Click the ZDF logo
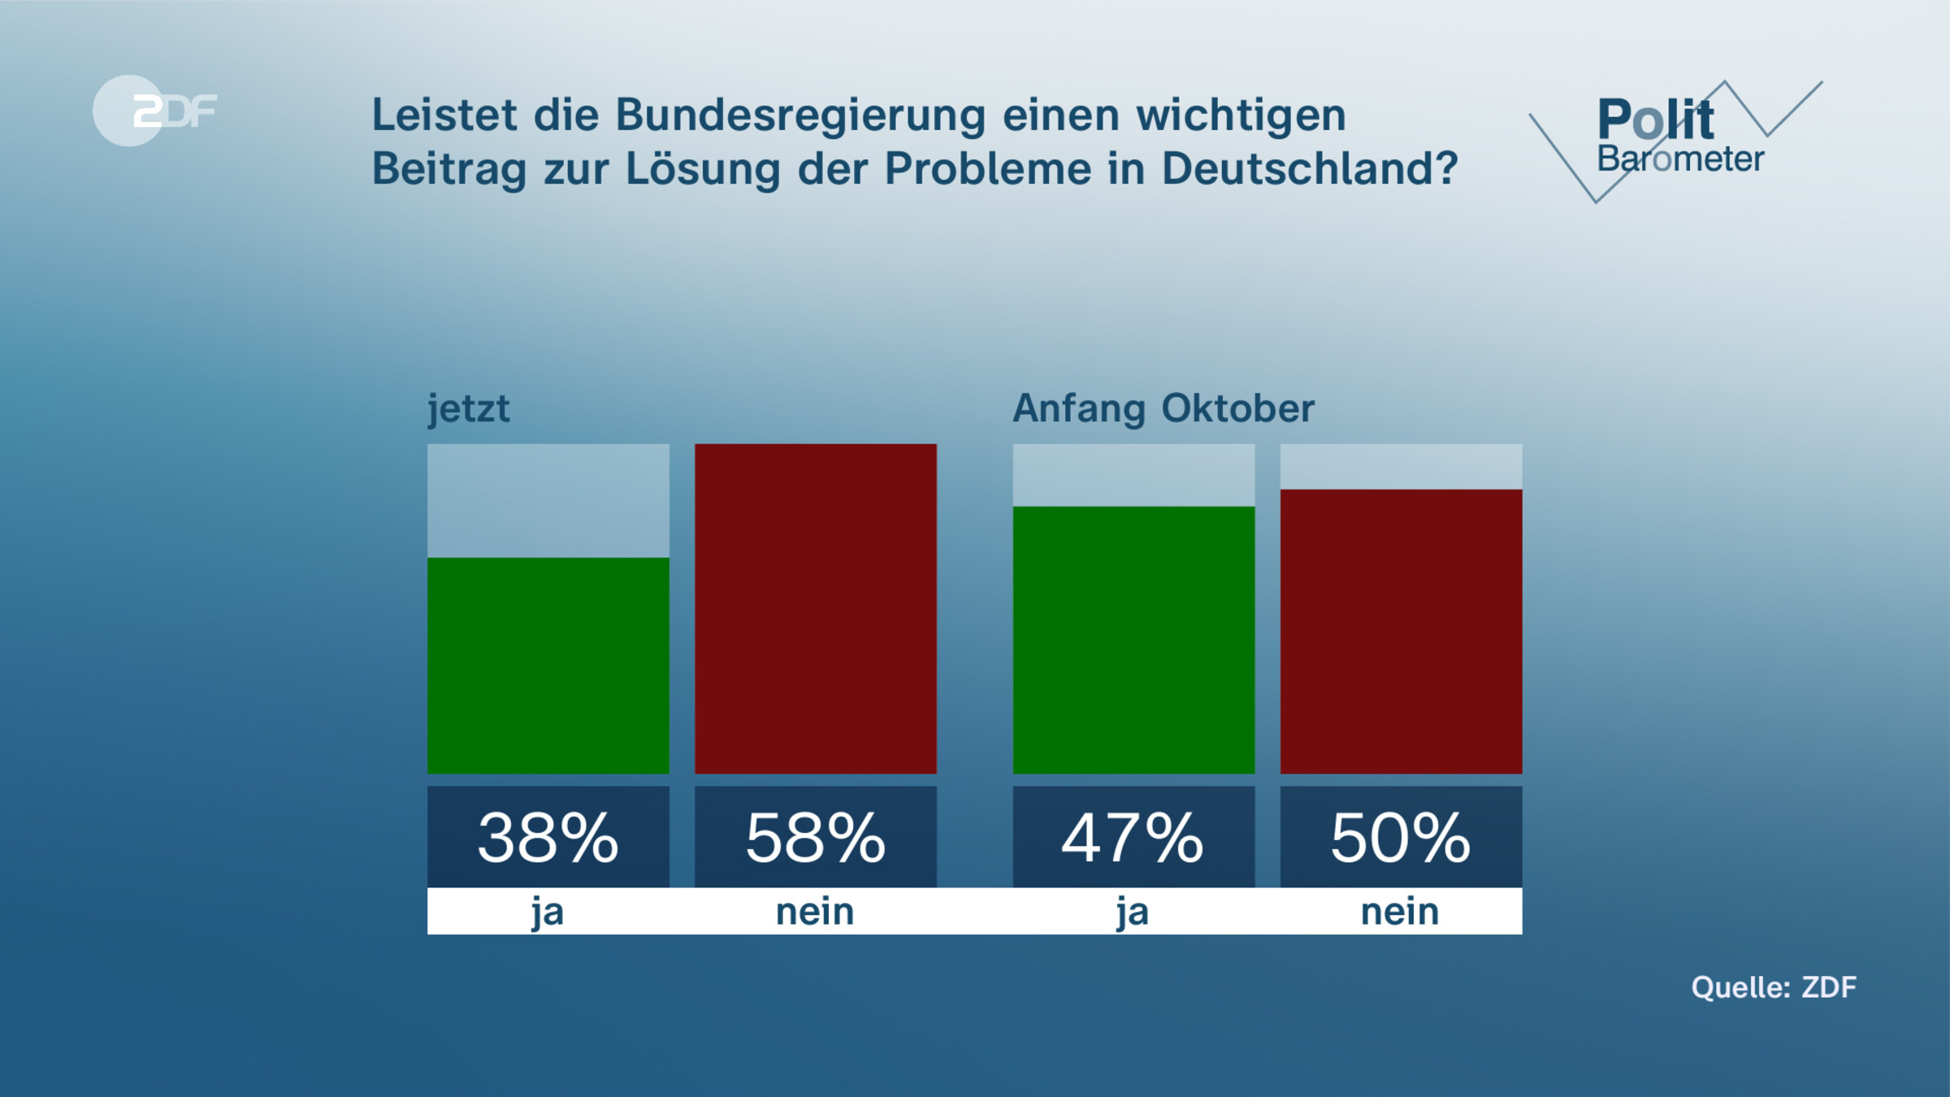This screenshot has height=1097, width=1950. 154,111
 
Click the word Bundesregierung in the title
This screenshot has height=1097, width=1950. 800,115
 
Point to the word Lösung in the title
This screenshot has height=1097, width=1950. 702,169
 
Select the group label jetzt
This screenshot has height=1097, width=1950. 469,409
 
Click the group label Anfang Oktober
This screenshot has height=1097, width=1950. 1163,409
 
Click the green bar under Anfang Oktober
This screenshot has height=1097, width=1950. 1133,640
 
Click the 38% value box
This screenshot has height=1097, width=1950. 548,837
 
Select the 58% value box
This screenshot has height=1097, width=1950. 815,837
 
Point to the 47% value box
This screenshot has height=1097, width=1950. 1133,837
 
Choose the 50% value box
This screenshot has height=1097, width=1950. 1401,837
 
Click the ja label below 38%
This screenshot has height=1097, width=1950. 548,912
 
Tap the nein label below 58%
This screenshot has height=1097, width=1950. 815,912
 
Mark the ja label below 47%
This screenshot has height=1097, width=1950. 1133,912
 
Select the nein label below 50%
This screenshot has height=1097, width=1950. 1400,912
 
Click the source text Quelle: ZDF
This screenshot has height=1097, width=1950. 1774,987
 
